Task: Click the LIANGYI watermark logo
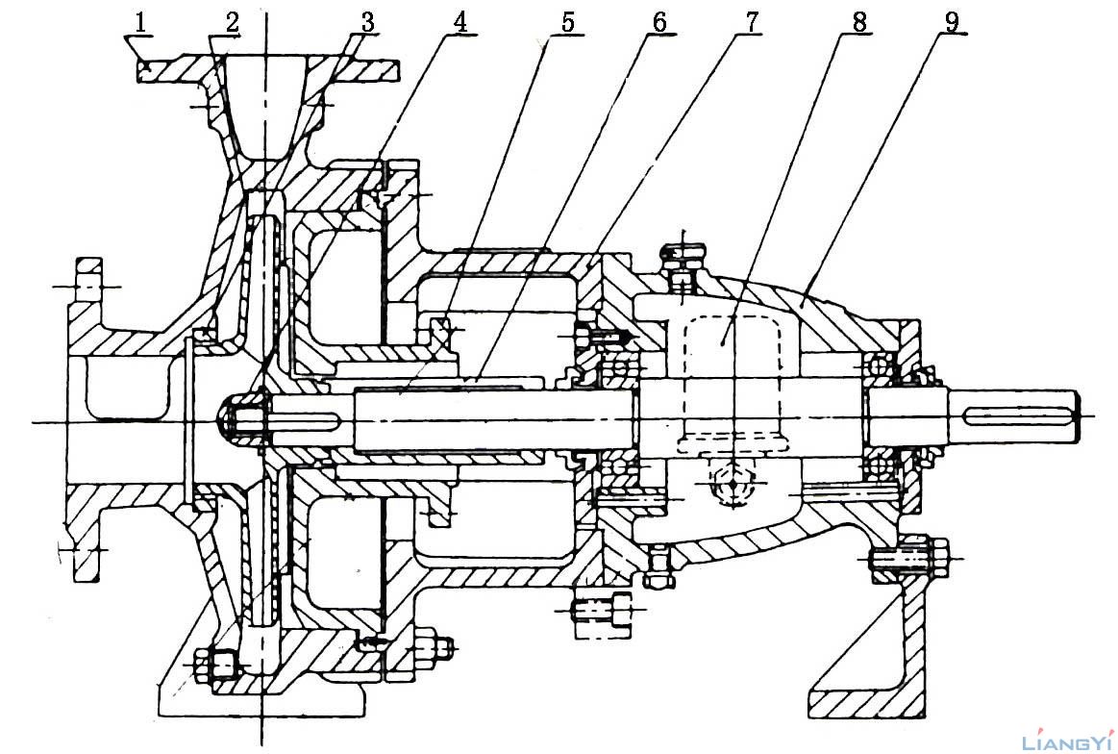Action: (x=1068, y=742)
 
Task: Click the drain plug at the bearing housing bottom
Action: (x=659, y=567)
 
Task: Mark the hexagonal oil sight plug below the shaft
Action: (x=733, y=486)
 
